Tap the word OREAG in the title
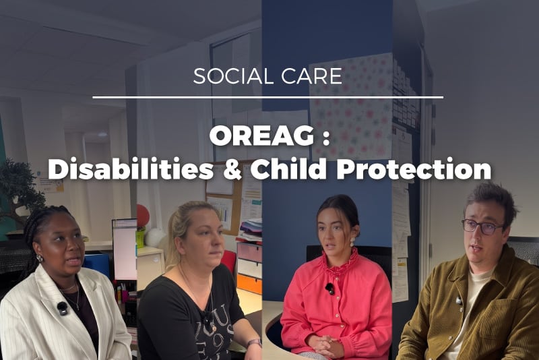pos(261,136)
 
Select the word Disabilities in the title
pos(131,169)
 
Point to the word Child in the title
pos(288,169)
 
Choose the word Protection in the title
pos(414,169)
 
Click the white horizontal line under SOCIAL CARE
pos(267,98)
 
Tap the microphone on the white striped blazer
pos(62,308)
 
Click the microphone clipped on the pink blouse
pos(329,289)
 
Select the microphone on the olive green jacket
pos(459,301)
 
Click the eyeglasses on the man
pos(482,227)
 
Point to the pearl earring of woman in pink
pos(352,242)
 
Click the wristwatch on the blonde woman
pos(254,342)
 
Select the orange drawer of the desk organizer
pos(249,283)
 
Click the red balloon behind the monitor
pos(143,216)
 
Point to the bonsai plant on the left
pos(21,189)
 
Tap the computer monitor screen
pos(125,250)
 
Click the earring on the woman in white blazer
pos(40,258)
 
